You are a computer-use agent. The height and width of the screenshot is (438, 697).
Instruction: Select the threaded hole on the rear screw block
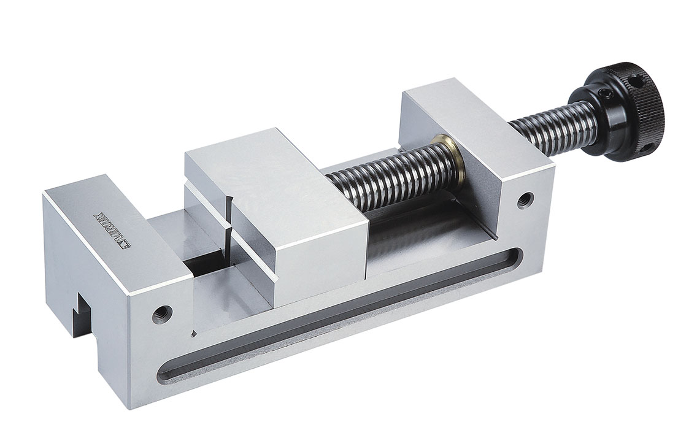525,200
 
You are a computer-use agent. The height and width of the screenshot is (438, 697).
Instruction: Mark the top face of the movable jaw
270,178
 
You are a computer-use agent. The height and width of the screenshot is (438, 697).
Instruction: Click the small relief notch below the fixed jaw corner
194,334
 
